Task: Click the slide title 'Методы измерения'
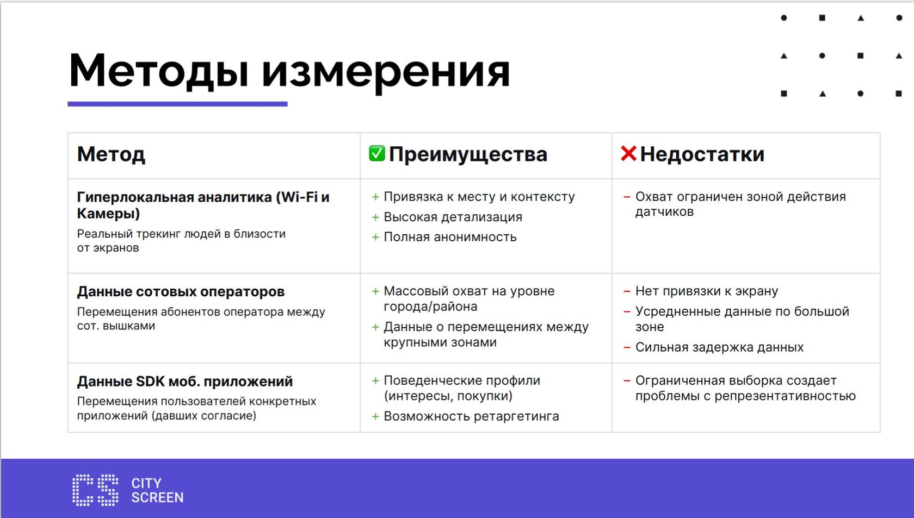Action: (289, 71)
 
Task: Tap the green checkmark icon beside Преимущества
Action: (376, 153)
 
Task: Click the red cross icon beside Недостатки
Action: (628, 154)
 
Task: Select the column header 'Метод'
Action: (111, 154)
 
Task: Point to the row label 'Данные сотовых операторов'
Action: (181, 291)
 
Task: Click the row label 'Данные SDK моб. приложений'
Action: (185, 382)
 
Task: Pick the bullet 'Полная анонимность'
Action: (450, 237)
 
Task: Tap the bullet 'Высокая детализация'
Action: (453, 217)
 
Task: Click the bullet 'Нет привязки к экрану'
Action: (707, 291)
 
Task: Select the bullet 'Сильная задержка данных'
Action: (719, 347)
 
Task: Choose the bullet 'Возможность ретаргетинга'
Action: (471, 416)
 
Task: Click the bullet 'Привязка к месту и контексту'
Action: (479, 197)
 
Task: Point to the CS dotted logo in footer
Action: (96, 490)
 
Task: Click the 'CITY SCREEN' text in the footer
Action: (157, 490)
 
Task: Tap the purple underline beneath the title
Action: (177, 104)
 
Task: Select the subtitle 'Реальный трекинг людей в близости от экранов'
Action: (181, 240)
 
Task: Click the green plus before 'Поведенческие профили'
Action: (375, 380)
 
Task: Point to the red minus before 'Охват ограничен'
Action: (627, 197)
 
